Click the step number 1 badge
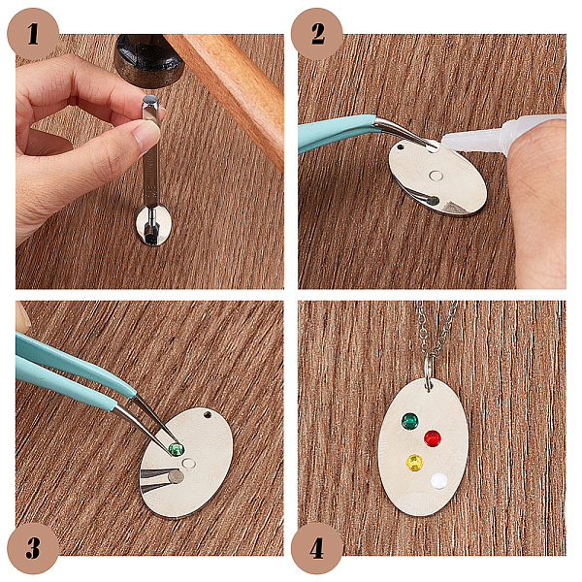[x=33, y=34]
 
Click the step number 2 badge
[x=316, y=34]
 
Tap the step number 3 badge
[x=33, y=548]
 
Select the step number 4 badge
[x=316, y=548]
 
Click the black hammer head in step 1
[x=149, y=60]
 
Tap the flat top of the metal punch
[x=150, y=100]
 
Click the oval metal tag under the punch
[x=153, y=225]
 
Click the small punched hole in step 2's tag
[x=401, y=147]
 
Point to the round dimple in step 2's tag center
[x=435, y=176]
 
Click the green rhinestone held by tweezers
[x=176, y=449]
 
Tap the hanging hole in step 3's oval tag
[x=207, y=414]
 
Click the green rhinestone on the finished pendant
[x=409, y=421]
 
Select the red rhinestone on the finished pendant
[x=433, y=438]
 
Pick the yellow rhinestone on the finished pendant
[x=414, y=463]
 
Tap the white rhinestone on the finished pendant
[x=439, y=481]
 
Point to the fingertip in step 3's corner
[x=22, y=315]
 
